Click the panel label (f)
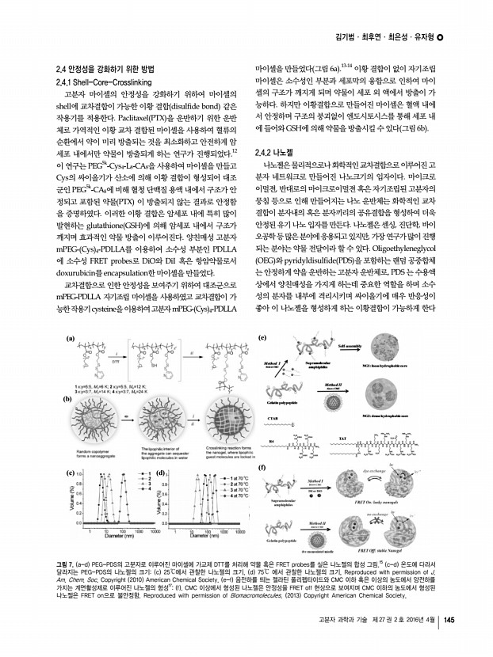tap(262, 469)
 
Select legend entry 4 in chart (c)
tap(143, 493)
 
